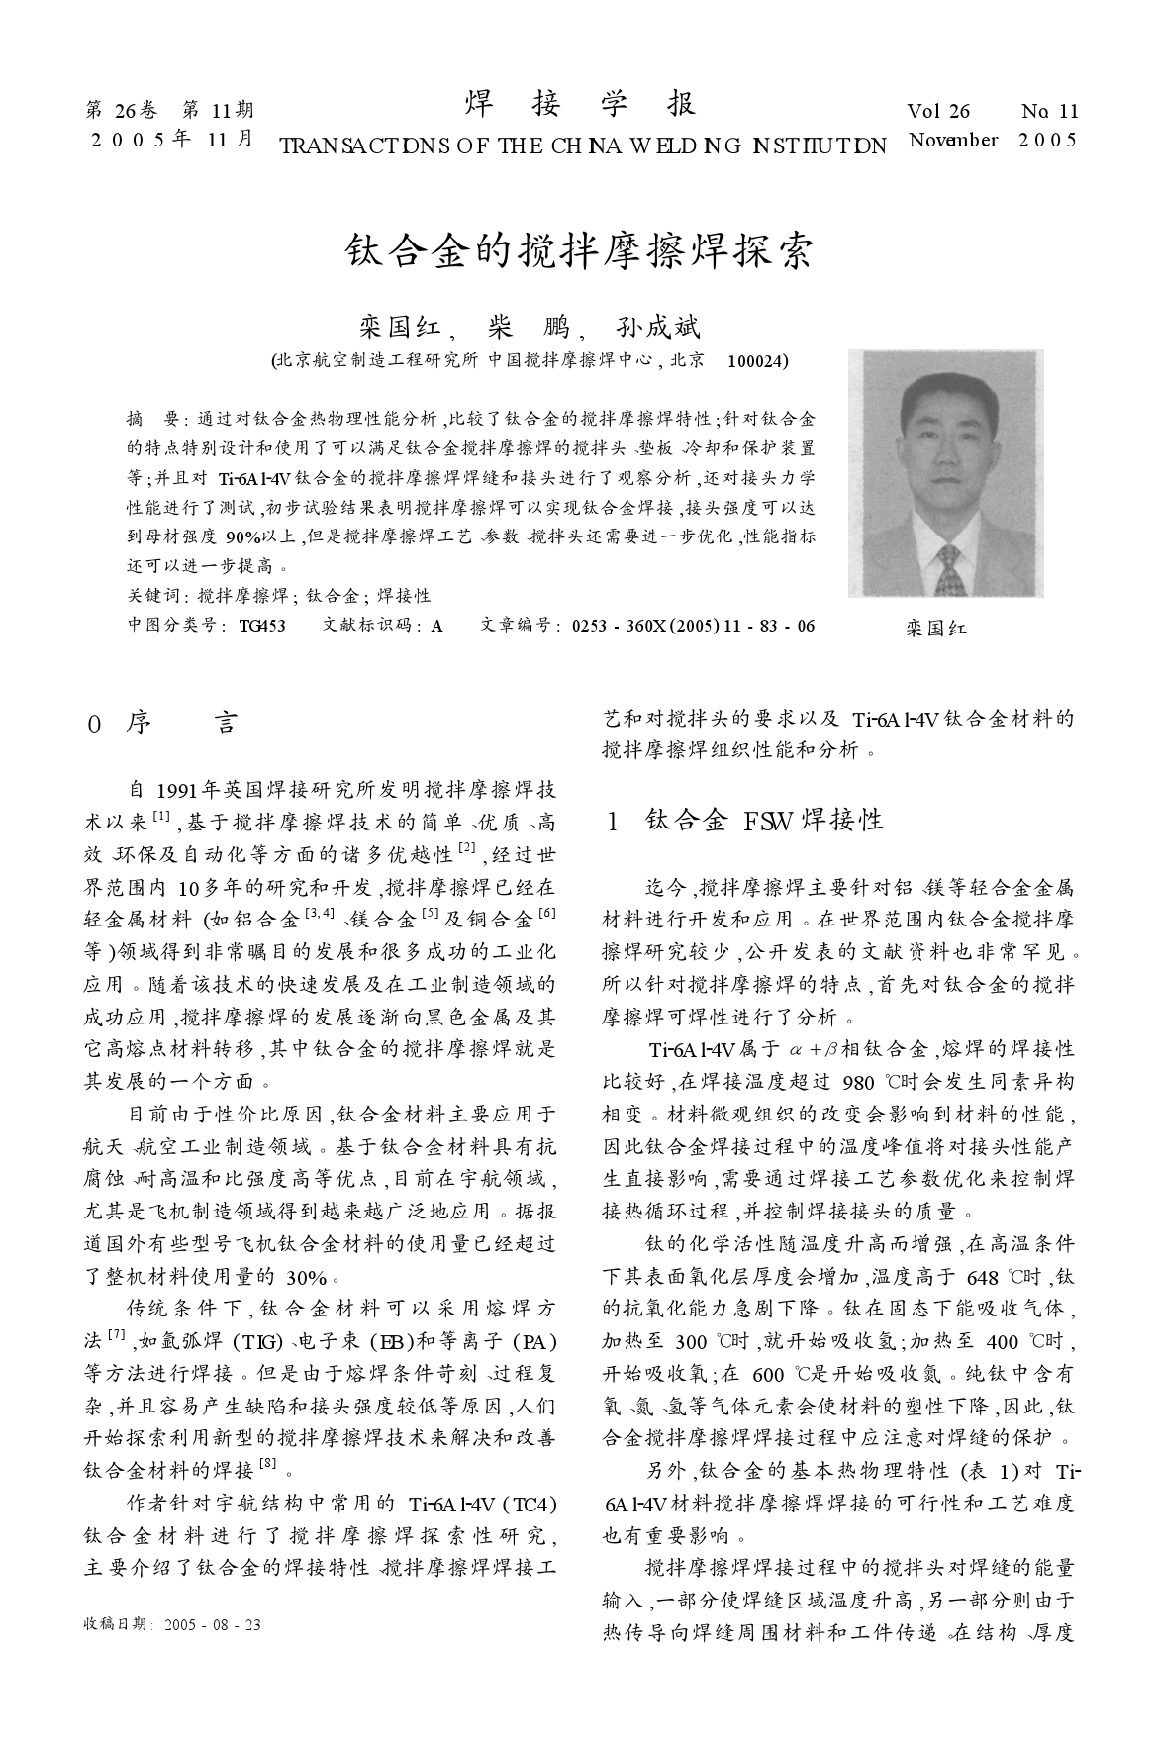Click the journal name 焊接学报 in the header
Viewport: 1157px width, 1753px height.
pos(580,105)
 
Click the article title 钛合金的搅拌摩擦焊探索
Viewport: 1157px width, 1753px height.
pos(579,251)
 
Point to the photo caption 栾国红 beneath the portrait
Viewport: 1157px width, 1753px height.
pos(936,628)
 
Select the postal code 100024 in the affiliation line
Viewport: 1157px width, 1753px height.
pos(757,361)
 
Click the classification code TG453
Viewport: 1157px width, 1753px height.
pos(263,625)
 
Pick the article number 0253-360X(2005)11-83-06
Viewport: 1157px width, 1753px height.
pos(694,625)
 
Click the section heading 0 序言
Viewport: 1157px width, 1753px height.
pos(163,724)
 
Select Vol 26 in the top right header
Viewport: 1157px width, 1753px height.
pos(938,112)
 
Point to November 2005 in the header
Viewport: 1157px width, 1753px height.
pos(992,140)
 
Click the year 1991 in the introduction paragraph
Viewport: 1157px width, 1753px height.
pos(179,790)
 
